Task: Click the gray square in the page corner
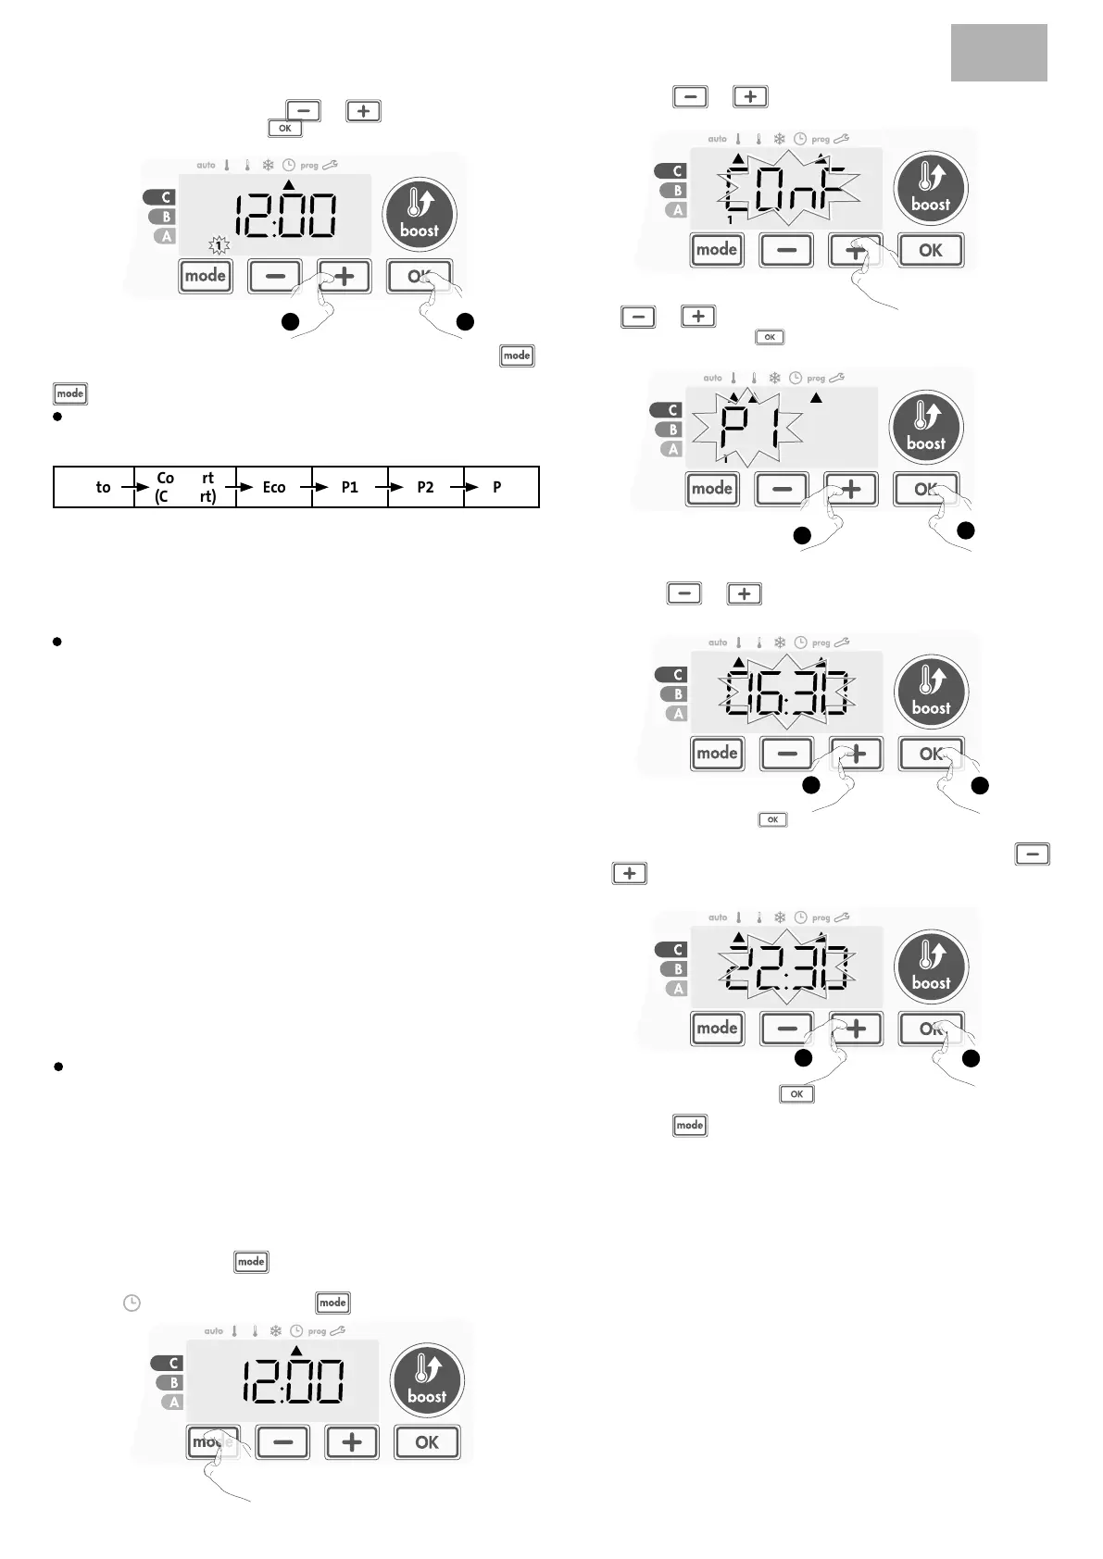(998, 53)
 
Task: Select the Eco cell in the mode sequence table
(274, 487)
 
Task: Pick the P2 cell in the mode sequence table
(425, 487)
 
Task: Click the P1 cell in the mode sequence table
(349, 487)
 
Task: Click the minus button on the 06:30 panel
(786, 754)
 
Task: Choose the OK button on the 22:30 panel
(932, 1029)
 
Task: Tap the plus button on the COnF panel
(855, 250)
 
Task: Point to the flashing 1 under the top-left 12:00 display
(219, 245)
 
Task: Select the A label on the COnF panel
(677, 210)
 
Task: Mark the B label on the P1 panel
(672, 430)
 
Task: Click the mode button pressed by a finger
(213, 1441)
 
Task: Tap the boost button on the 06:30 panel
(931, 693)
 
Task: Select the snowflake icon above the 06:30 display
(780, 642)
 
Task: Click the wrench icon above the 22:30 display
(842, 917)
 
